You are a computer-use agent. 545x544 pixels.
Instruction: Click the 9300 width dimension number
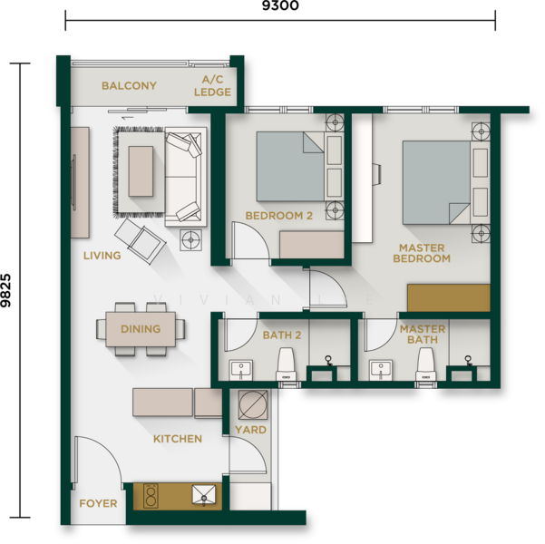pyautogui.click(x=280, y=5)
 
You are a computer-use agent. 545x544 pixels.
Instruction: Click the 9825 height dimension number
pyautogui.click(x=6, y=291)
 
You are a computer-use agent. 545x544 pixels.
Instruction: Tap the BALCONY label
pyautogui.click(x=129, y=86)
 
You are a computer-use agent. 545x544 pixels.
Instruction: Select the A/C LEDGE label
pyautogui.click(x=212, y=85)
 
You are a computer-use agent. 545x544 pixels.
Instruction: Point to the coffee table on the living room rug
pyautogui.click(x=141, y=171)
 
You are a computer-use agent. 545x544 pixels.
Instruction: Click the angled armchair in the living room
pyautogui.click(x=140, y=241)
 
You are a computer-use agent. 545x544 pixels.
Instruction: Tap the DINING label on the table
pyautogui.click(x=141, y=329)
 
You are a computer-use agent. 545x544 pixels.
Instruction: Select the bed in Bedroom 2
pyautogui.click(x=290, y=166)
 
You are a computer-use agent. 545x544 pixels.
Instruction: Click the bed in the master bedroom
pyautogui.click(x=436, y=182)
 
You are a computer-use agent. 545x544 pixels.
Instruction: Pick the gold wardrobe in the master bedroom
pyautogui.click(x=449, y=298)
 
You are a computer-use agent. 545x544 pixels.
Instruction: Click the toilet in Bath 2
pyautogui.click(x=287, y=364)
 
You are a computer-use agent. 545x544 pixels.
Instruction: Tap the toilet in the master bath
pyautogui.click(x=426, y=364)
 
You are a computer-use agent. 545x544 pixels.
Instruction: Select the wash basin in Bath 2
pyautogui.click(x=241, y=370)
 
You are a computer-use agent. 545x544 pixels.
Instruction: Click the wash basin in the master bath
pyautogui.click(x=381, y=370)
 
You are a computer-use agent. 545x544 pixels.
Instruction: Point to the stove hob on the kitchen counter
pyautogui.click(x=151, y=496)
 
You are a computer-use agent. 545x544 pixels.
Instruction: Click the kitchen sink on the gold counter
pyautogui.click(x=204, y=495)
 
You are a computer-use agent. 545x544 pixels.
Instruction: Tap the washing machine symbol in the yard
pyautogui.click(x=253, y=404)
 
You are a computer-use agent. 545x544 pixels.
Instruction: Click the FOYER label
pyautogui.click(x=98, y=503)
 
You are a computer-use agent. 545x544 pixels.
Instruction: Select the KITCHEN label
pyautogui.click(x=178, y=439)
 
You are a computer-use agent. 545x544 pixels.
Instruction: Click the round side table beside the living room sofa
pyautogui.click(x=190, y=240)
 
